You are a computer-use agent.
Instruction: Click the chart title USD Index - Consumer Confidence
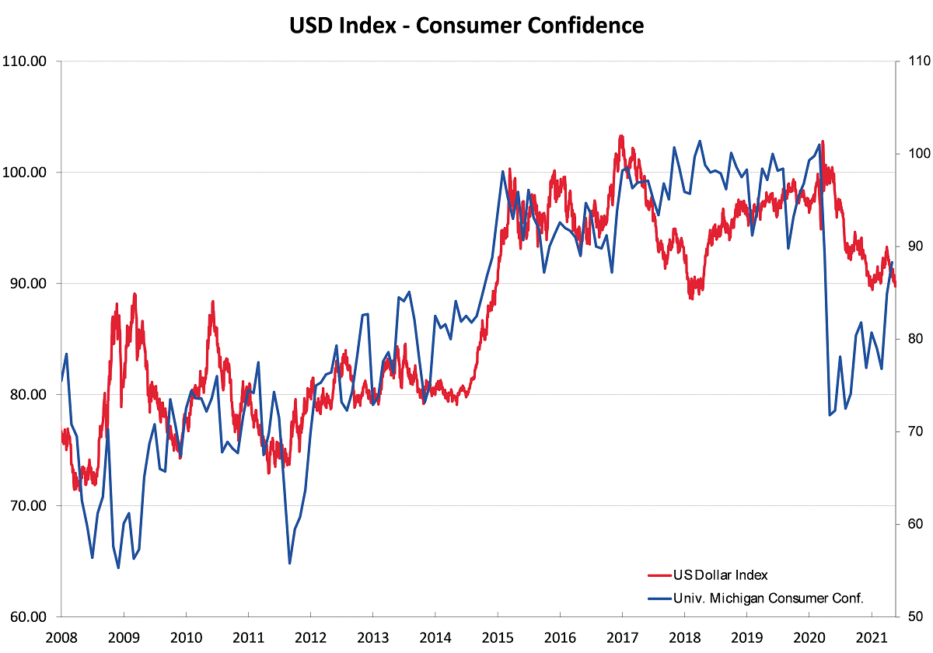[466, 26]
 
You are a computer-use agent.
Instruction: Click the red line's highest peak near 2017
[621, 136]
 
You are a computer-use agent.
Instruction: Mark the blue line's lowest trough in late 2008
[118, 567]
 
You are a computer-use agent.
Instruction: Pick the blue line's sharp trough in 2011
[289, 563]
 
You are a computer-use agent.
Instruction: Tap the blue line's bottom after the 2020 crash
[830, 415]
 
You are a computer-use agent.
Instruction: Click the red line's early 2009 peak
[135, 295]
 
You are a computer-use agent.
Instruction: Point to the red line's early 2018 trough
[691, 298]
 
